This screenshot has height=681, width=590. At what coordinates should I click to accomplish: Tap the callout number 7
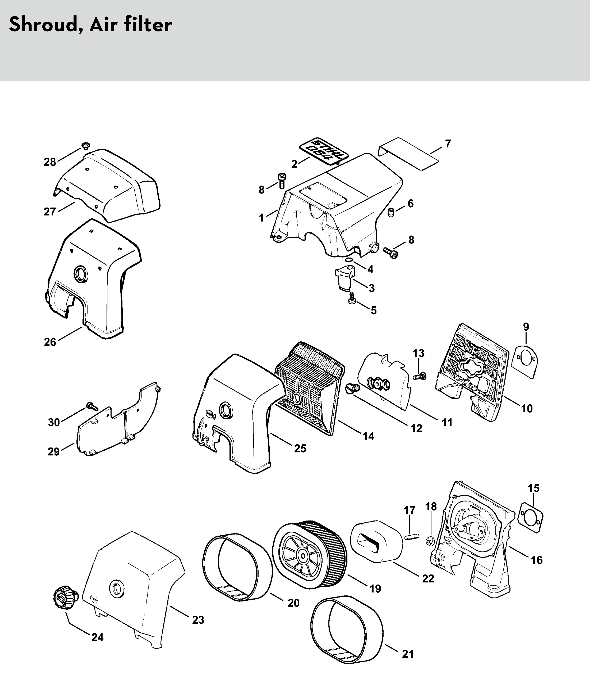[448, 144]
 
